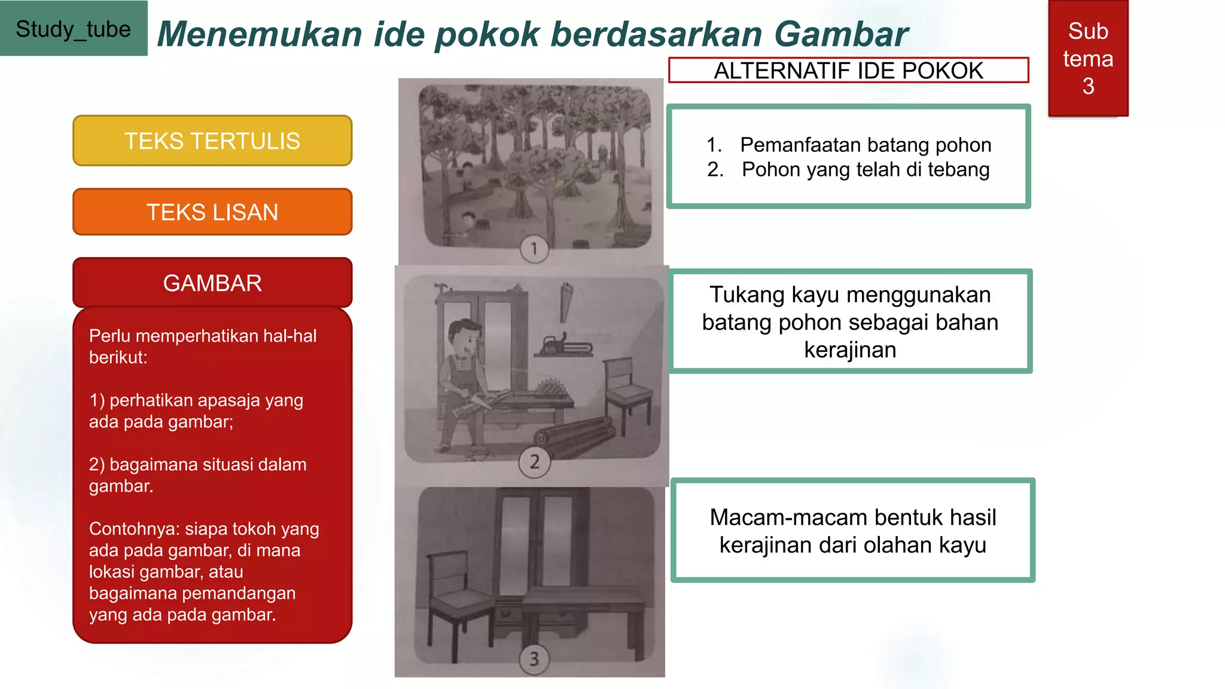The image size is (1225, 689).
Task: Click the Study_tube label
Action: tap(73, 29)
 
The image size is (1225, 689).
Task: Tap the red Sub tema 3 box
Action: tap(1088, 59)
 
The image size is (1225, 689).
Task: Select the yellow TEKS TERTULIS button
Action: tap(212, 141)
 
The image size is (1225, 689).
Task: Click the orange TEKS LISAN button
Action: tap(212, 212)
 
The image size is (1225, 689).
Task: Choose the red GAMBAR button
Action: tap(212, 283)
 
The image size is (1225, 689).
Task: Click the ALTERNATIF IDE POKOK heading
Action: tap(848, 71)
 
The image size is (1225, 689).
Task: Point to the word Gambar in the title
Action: tap(840, 34)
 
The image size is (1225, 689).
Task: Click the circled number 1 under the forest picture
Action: tap(534, 248)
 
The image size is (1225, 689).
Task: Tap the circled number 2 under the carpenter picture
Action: tap(534, 462)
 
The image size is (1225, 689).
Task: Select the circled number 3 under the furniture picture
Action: tap(534, 659)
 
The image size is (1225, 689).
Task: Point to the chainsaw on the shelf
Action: tap(565, 346)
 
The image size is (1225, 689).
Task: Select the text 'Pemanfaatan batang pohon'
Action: tap(866, 145)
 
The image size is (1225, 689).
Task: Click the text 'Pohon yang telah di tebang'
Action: tap(866, 170)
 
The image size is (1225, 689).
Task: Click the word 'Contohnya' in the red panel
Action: tap(134, 529)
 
